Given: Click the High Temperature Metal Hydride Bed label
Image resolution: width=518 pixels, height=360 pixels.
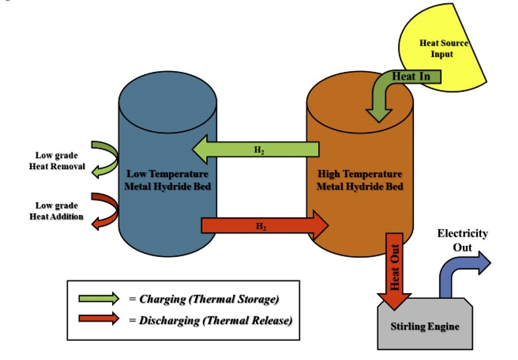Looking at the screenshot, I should (x=360, y=180).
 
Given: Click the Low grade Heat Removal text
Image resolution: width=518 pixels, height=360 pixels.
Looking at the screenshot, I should (x=57, y=161).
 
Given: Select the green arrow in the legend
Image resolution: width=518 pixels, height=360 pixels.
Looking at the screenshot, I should (x=98, y=299).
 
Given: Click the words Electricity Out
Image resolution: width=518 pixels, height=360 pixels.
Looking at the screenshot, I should (x=462, y=240).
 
